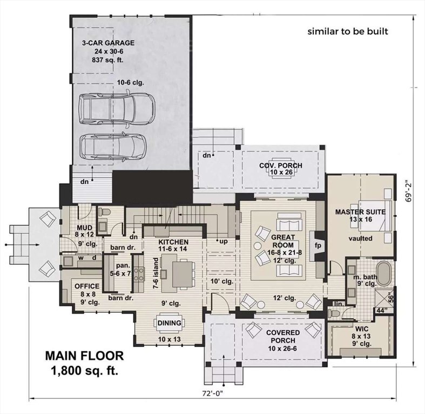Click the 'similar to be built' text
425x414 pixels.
(x=348, y=31)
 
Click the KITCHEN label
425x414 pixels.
(x=173, y=242)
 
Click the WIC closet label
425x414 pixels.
(x=361, y=327)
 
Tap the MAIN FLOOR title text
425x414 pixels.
(x=84, y=356)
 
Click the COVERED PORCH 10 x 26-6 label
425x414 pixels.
(x=282, y=337)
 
